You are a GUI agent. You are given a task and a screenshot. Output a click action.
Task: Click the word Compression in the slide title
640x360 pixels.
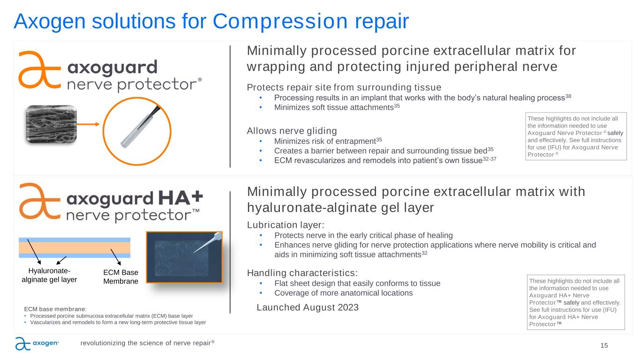pyautogui.click(x=280, y=22)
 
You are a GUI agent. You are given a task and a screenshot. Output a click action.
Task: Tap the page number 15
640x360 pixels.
pyautogui.click(x=604, y=345)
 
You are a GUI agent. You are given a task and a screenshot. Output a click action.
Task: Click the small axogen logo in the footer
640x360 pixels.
pyautogui.click(x=37, y=344)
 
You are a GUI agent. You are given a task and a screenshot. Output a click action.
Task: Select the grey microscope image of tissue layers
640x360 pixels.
pyautogui.click(x=52, y=124)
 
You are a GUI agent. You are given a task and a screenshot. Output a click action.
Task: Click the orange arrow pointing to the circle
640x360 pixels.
pyautogui.click(x=88, y=124)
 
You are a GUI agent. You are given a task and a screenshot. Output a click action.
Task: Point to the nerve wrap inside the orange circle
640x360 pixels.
pyautogui.click(x=140, y=127)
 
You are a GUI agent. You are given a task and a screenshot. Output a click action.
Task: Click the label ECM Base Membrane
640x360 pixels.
pyautogui.click(x=120, y=277)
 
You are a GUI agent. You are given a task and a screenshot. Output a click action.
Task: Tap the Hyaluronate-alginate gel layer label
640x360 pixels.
pyautogui.click(x=49, y=275)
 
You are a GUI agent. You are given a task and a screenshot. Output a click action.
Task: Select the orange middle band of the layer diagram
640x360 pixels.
pyautogui.click(x=75, y=247)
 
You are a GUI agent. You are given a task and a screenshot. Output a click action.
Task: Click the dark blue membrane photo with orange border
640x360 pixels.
pyautogui.click(x=184, y=257)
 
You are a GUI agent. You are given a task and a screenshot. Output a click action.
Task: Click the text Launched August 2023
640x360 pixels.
pyautogui.click(x=308, y=307)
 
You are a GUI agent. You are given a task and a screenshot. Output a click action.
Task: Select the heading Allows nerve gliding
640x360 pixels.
pyautogui.click(x=292, y=131)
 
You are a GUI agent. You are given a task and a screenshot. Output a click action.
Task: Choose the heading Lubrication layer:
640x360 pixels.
pyautogui.click(x=286, y=225)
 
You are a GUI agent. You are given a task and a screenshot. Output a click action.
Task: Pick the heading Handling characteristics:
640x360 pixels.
pyautogui.click(x=302, y=273)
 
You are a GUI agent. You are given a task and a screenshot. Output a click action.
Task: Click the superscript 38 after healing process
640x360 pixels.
pyautogui.click(x=568, y=96)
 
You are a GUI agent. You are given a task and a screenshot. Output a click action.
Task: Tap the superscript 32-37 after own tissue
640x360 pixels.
pyautogui.click(x=489, y=159)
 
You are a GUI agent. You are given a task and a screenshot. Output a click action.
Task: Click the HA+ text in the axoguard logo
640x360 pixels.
pyautogui.click(x=181, y=198)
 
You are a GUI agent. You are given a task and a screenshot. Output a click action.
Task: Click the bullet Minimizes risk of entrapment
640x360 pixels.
pyautogui.click(x=325, y=141)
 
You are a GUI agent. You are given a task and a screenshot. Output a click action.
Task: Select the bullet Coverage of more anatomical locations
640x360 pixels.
pyautogui.click(x=343, y=293)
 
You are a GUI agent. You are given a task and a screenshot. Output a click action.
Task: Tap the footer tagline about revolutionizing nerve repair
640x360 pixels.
pyautogui.click(x=147, y=343)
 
